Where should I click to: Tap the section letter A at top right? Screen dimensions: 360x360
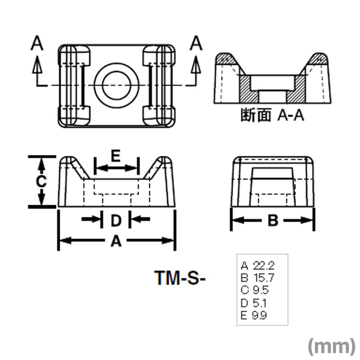[x=196, y=43]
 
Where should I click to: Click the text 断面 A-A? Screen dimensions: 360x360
[x=272, y=116]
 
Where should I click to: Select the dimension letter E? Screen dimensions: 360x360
[x=116, y=156]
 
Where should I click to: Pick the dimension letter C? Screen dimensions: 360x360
[x=41, y=182]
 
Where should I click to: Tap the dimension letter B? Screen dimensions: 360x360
[x=272, y=220]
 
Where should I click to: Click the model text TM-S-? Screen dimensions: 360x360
[x=180, y=278]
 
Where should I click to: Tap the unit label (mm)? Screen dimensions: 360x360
[x=331, y=346]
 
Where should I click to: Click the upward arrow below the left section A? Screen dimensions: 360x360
[x=37, y=65]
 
